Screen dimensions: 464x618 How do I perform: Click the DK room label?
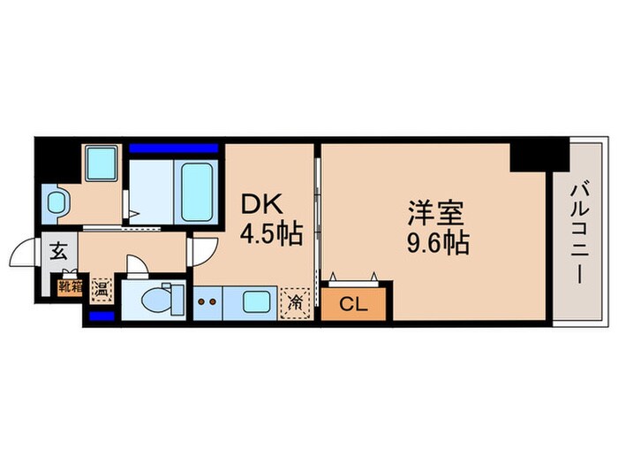(261, 205)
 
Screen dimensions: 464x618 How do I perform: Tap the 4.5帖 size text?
(272, 234)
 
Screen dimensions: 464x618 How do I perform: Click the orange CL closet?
(353, 306)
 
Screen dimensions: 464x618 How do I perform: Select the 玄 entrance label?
(57, 249)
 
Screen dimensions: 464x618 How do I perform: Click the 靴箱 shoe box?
(70, 285)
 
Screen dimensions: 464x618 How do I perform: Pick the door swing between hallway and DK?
(200, 251)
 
